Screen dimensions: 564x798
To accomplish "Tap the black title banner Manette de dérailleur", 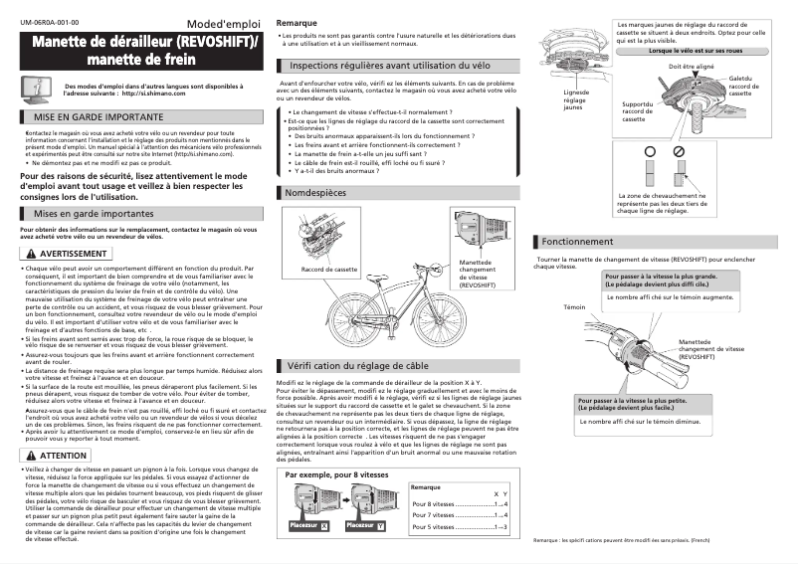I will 142,51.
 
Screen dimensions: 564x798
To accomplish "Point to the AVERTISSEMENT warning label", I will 65,254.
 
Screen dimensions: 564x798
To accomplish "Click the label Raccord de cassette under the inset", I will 328,270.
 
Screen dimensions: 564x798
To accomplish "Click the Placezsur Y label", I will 366,524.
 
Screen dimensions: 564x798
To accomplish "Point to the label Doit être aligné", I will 691,66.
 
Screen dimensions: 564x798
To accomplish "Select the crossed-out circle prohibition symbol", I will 678,150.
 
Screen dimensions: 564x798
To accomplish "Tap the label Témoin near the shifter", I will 574,307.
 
